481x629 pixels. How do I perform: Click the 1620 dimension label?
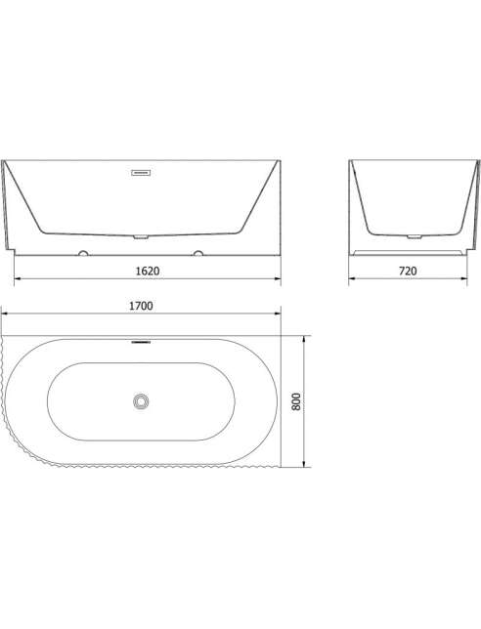(x=148, y=271)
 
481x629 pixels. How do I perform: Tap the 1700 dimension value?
(x=141, y=306)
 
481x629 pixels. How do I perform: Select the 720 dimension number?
(x=408, y=271)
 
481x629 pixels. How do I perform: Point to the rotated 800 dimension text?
(x=296, y=401)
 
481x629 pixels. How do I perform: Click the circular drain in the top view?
(x=141, y=401)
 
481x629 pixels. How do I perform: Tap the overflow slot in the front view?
(x=141, y=173)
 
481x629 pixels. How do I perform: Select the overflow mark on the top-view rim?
(x=141, y=342)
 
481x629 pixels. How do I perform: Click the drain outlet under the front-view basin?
(x=141, y=236)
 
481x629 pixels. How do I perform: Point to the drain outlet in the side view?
(x=415, y=236)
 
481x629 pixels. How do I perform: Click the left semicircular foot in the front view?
(x=83, y=253)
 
